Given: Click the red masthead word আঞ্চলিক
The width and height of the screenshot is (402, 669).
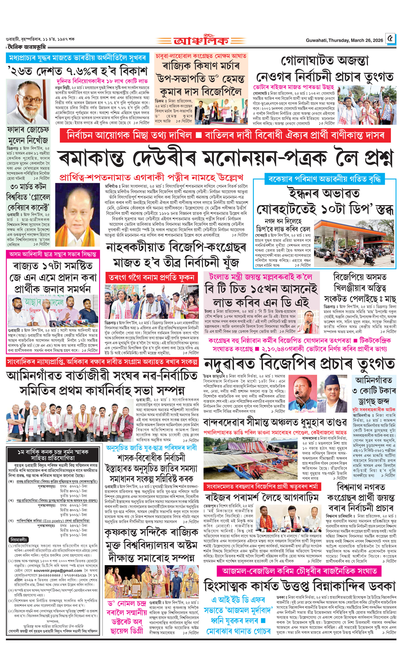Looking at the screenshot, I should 201,41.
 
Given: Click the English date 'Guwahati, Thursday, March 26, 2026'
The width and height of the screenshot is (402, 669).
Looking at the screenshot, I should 344,40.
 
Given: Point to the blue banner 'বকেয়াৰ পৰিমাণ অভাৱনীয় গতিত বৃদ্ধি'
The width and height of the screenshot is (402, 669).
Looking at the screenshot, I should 324,179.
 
